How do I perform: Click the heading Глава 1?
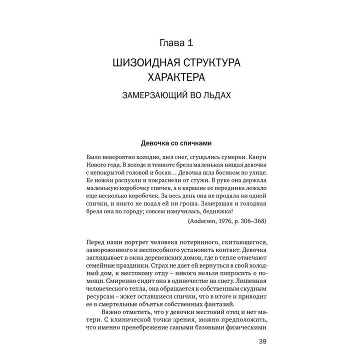pyautogui.click(x=179, y=44)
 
